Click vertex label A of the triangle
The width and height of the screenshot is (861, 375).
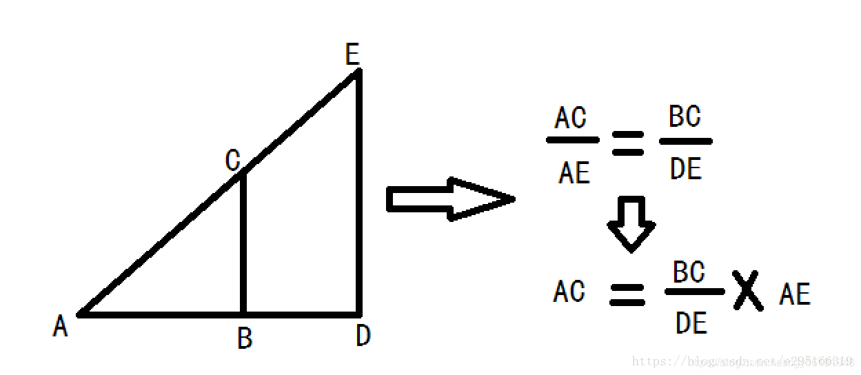click(x=61, y=326)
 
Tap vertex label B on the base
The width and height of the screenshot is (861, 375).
click(x=245, y=338)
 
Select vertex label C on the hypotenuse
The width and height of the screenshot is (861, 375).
click(x=233, y=161)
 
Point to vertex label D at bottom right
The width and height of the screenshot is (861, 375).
click(x=363, y=336)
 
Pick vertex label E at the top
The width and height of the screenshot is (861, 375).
click(x=353, y=54)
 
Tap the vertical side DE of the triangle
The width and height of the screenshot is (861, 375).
click(x=358, y=193)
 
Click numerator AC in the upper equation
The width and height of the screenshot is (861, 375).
click(x=571, y=119)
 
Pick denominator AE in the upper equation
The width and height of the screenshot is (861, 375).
click(x=574, y=172)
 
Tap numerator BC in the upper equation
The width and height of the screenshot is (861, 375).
click(x=685, y=117)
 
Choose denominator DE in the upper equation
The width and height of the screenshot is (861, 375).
click(x=685, y=169)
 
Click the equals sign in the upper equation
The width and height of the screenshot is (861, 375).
click(x=627, y=143)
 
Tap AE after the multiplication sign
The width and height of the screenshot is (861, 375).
click(x=795, y=295)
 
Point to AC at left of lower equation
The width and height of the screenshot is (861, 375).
click(x=569, y=292)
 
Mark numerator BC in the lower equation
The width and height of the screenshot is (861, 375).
click(x=689, y=273)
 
